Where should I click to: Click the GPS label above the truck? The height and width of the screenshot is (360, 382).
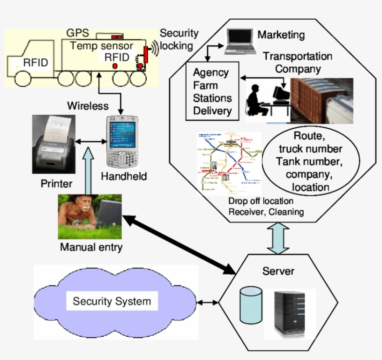pos(76,34)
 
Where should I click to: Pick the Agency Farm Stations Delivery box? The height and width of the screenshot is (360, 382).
pos(212,92)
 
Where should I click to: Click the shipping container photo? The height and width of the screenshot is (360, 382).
pos(321,101)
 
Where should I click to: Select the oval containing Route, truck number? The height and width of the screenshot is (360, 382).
pos(311,161)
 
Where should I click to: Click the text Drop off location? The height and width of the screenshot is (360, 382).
pos(261,201)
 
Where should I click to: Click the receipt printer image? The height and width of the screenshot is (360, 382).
pos(52,145)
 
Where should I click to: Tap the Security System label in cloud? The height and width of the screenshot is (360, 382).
pos(112,301)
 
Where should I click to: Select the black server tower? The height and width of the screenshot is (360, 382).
pos(290,313)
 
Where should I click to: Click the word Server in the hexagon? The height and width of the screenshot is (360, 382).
pos(278,271)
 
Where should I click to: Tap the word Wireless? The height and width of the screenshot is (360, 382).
pos(88,106)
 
